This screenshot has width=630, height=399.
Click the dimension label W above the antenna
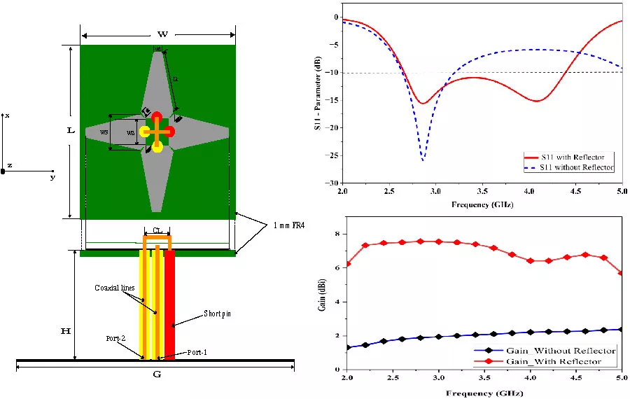tap(162, 34)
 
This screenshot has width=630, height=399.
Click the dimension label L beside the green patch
tap(71, 131)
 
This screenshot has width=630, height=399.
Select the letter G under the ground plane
tap(157, 374)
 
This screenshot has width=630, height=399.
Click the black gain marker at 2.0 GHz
tap(348, 347)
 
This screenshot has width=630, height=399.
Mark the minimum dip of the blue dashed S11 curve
tap(423, 160)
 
